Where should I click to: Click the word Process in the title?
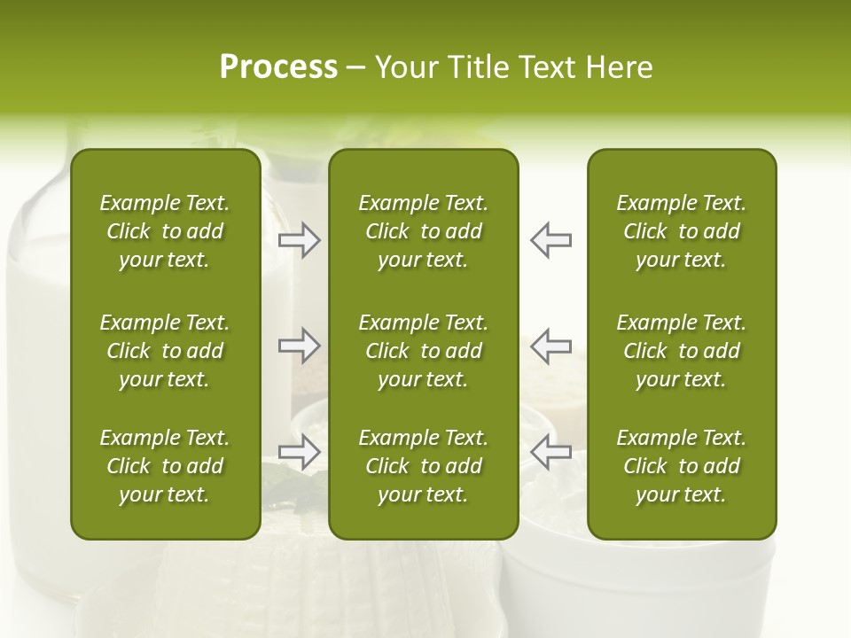coord(278,67)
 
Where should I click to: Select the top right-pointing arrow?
coord(299,240)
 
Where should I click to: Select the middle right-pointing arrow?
coord(299,346)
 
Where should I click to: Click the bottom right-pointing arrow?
coord(299,452)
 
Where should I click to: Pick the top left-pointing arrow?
coord(551,240)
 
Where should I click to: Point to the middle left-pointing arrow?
coord(551,346)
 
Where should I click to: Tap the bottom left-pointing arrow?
coord(551,452)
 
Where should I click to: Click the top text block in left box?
coord(165,231)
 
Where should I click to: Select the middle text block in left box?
coord(165,351)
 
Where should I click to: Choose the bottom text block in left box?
coord(165,466)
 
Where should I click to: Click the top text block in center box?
coord(423,231)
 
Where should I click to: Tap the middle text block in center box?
coord(423,351)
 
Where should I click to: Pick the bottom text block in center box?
coord(423,466)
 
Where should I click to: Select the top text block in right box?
coord(681,231)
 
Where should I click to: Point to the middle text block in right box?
coord(681,351)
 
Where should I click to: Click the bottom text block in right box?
coord(681,466)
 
